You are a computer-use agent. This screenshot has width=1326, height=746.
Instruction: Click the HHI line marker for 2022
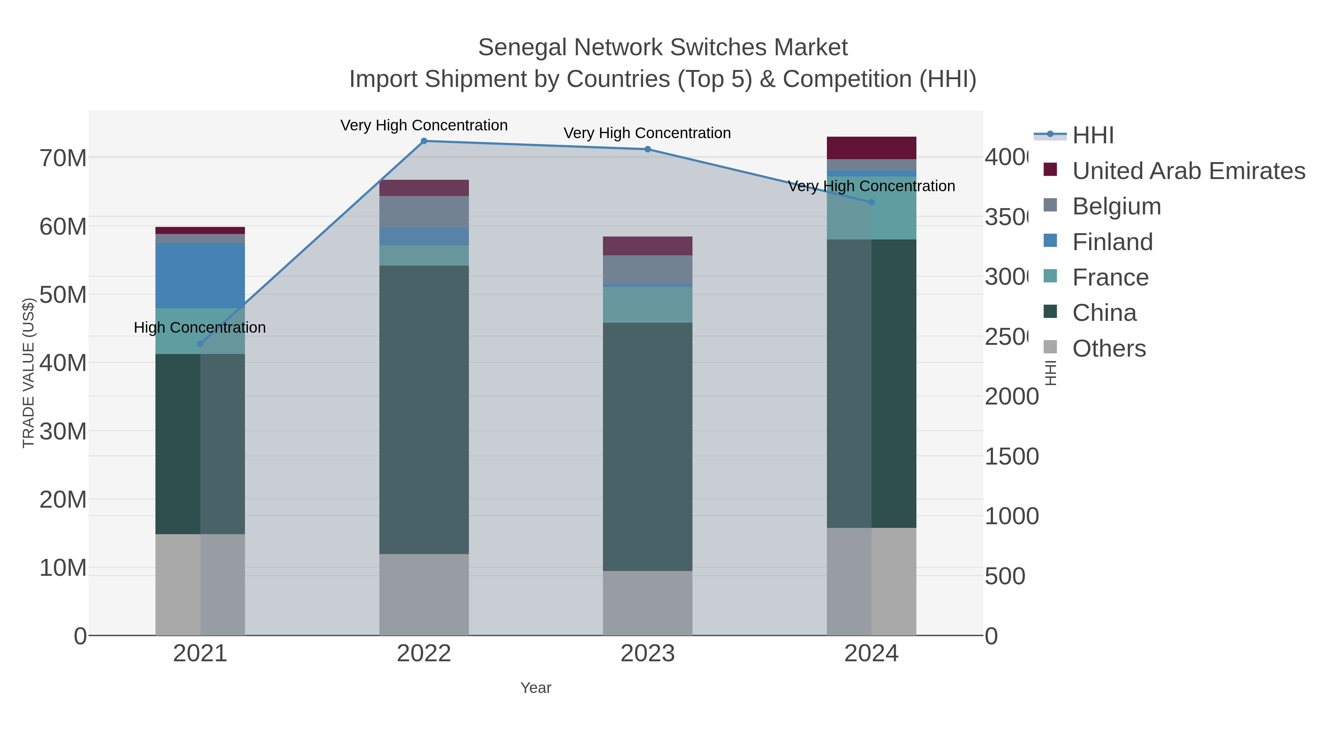(x=424, y=141)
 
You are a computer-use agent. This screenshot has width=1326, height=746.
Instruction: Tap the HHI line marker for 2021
(x=200, y=344)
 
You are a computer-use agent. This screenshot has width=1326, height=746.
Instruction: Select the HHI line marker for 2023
(x=648, y=149)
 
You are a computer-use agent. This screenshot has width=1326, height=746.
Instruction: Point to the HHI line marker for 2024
(x=871, y=202)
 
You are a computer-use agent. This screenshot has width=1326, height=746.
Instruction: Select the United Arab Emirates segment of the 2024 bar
(x=871, y=148)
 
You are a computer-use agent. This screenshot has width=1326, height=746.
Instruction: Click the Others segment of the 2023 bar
(x=647, y=603)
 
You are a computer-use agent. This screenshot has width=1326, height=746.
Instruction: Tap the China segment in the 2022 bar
(x=424, y=409)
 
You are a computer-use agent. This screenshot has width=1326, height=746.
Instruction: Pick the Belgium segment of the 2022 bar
(x=424, y=211)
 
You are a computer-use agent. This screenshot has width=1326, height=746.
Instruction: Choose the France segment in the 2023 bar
(x=647, y=305)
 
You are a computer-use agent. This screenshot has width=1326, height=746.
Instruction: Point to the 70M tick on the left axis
(x=63, y=158)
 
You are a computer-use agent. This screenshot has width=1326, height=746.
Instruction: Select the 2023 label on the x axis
(x=647, y=653)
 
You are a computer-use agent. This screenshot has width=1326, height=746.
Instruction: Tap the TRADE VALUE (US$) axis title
(x=28, y=373)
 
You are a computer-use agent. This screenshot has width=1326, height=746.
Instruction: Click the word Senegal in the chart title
(x=522, y=48)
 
